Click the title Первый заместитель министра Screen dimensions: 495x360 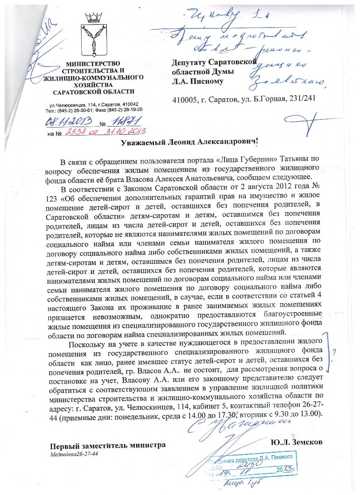coord(108,445)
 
